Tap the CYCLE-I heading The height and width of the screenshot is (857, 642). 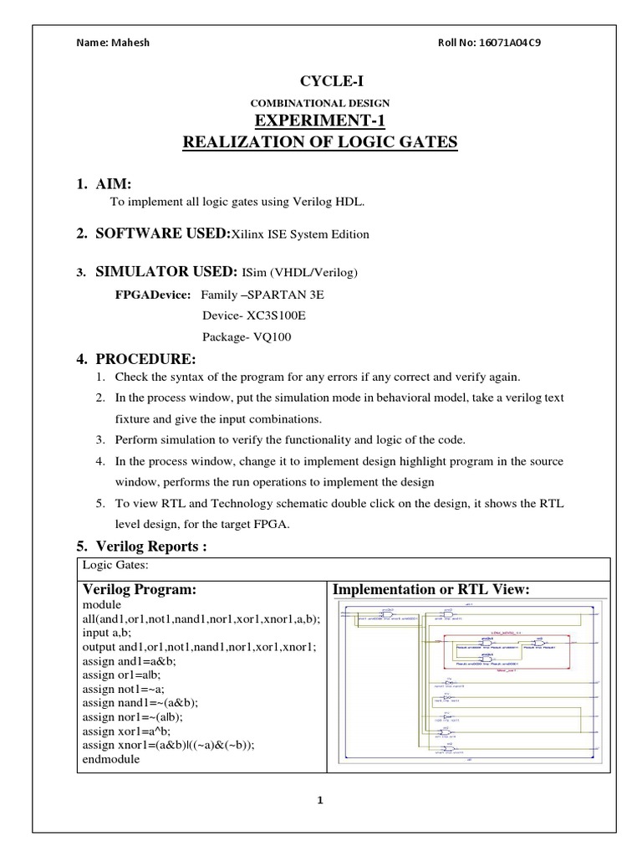(321, 80)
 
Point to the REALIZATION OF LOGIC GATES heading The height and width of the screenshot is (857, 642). (321, 143)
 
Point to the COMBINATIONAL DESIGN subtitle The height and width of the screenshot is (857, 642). (321, 103)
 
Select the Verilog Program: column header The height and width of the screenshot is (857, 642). (139, 590)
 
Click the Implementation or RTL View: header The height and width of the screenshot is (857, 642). (431, 590)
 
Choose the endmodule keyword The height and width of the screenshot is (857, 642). (111, 759)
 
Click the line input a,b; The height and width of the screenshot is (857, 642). (107, 634)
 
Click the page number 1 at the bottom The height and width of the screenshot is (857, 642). (320, 800)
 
